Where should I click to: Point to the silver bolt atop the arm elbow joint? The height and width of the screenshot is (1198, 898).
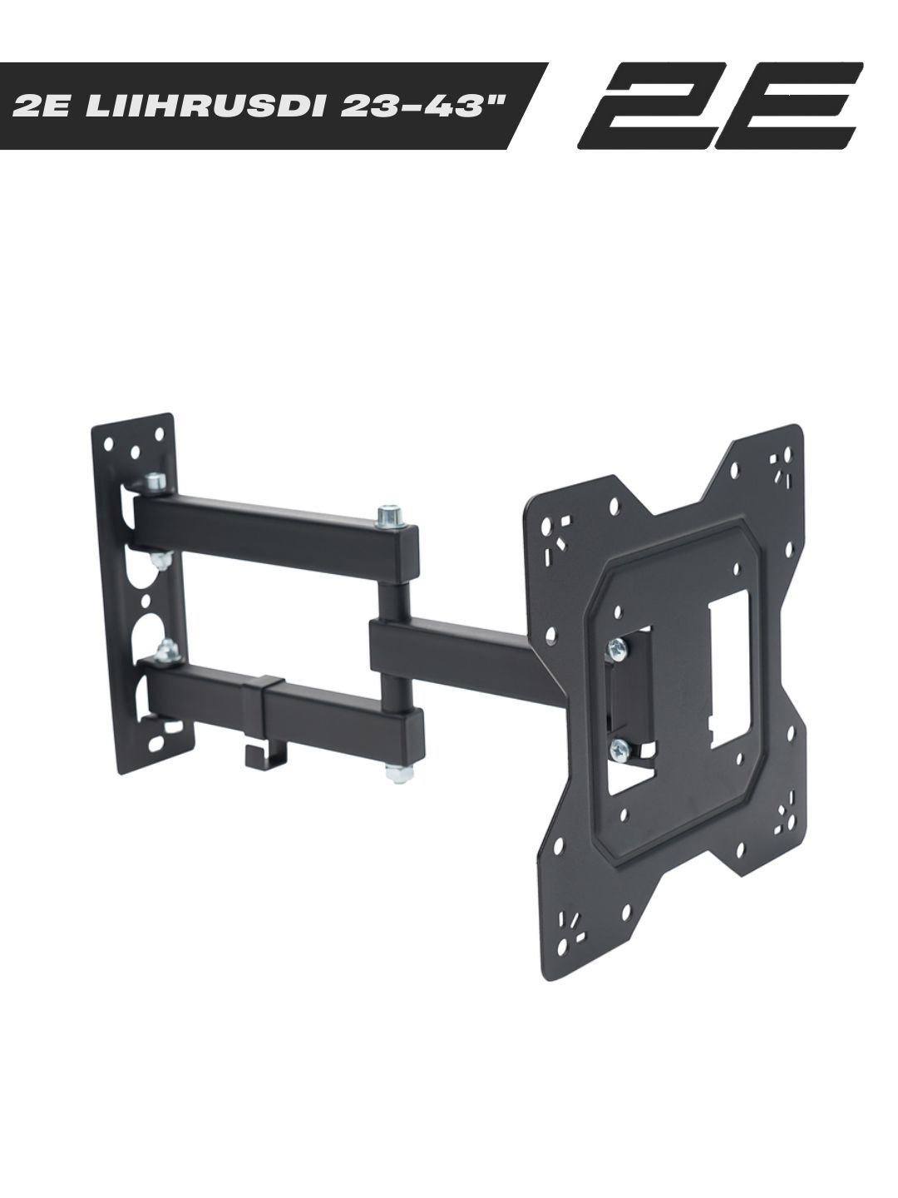point(392,515)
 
